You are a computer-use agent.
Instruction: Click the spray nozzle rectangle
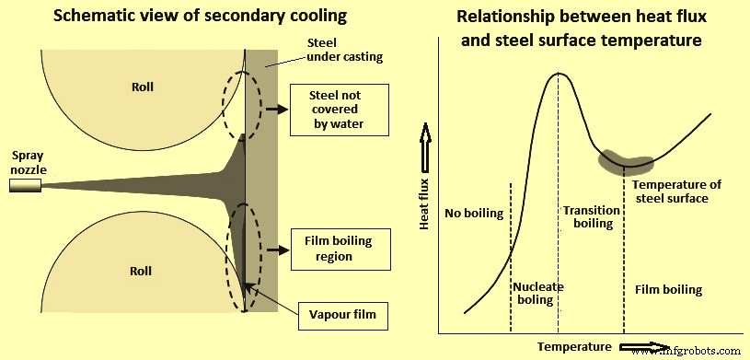point(25,186)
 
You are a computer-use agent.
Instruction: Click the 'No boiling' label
point(474,214)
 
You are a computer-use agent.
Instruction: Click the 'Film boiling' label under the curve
point(668,290)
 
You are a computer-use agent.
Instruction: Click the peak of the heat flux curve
point(558,74)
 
